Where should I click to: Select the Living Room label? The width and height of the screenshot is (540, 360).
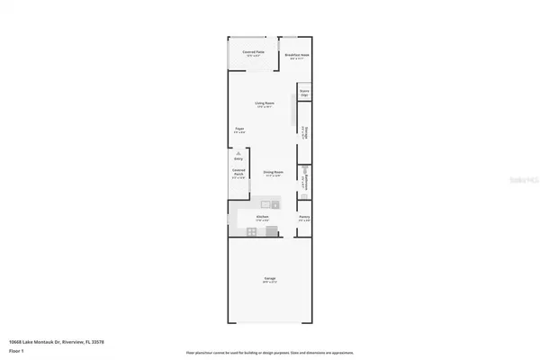264,104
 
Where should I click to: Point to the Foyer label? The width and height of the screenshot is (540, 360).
240,130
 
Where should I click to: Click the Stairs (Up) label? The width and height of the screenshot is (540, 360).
304,92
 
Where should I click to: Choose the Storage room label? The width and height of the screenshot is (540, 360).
305,133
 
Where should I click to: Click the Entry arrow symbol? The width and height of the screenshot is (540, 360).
238,157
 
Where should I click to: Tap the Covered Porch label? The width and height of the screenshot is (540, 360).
238,175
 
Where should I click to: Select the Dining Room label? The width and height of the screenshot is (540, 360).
274,173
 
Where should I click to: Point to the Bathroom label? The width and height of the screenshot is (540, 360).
305,185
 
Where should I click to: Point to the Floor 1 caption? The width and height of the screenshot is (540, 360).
17,349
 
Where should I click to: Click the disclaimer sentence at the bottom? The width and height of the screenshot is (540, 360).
270,353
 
